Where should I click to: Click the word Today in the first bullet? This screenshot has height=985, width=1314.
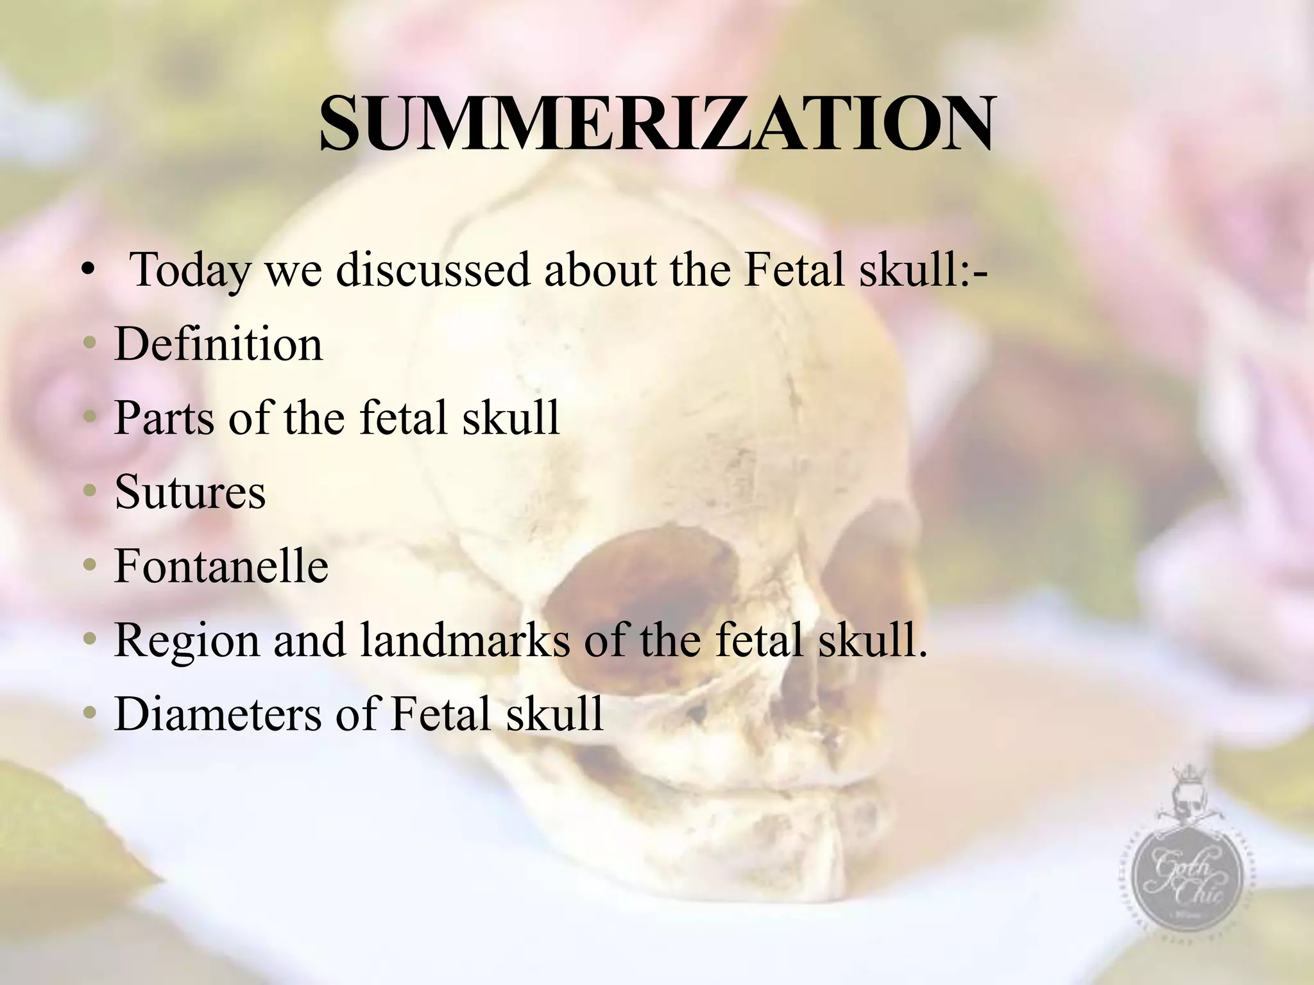click(x=190, y=271)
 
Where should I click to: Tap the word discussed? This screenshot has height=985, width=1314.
click(x=433, y=269)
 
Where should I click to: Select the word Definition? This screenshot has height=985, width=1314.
click(x=218, y=344)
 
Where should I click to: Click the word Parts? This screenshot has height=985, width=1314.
click(x=164, y=418)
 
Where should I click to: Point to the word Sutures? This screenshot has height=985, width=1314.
click(x=190, y=492)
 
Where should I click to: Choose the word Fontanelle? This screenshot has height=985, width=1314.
click(x=221, y=566)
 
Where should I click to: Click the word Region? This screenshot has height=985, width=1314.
click(x=187, y=640)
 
